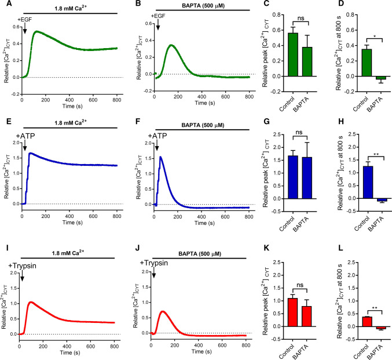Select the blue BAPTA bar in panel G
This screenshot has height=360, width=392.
coord(296,177)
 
